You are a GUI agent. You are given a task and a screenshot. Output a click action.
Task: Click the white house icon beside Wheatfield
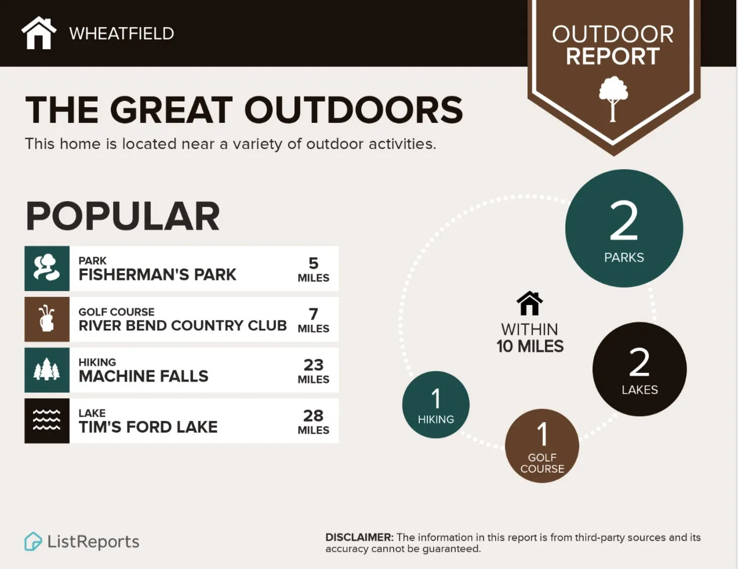click(39, 33)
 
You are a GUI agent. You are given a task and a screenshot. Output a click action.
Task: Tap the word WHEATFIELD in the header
click(122, 34)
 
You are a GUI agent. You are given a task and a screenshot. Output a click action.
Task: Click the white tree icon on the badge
click(613, 99)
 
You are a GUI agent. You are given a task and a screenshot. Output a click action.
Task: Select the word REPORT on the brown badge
click(613, 56)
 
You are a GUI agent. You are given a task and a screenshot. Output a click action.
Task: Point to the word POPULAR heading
click(122, 216)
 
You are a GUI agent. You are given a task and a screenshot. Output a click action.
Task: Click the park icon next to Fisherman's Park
click(47, 269)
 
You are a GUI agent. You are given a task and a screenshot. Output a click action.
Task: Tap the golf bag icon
click(47, 320)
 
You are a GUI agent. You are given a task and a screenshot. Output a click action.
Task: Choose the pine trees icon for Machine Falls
click(47, 370)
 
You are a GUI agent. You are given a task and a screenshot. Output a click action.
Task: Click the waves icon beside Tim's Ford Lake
click(47, 421)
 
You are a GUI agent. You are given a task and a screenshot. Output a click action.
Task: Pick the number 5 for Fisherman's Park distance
click(314, 263)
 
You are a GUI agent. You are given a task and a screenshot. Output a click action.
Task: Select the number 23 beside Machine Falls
click(314, 365)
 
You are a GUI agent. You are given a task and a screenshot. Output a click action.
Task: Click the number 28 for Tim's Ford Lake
click(314, 415)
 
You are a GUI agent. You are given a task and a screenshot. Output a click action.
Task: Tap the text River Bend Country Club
click(183, 325)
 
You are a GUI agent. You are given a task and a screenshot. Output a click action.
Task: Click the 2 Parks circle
click(624, 229)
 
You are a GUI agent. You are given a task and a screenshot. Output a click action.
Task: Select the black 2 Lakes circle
click(639, 369)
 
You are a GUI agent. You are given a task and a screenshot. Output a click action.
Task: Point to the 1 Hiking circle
click(436, 405)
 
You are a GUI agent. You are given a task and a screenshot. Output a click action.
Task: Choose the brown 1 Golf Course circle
click(542, 445)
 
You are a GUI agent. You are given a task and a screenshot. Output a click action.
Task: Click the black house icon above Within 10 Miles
click(529, 303)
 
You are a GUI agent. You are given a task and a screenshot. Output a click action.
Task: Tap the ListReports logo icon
click(33, 542)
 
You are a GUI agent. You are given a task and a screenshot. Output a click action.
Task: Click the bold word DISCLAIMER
click(359, 538)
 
